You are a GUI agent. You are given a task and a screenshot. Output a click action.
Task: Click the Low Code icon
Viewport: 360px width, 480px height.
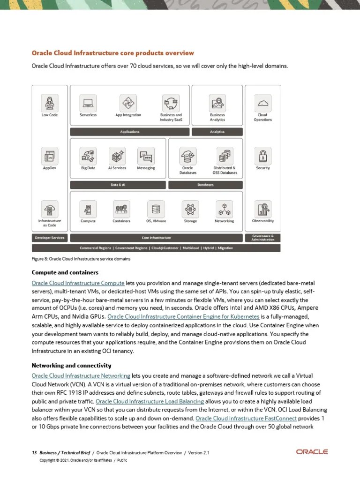[x=49, y=102]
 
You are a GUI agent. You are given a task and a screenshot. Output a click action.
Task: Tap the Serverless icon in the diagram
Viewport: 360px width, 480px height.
[x=88, y=102]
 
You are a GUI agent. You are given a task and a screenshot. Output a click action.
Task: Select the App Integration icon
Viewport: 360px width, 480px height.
[x=128, y=102]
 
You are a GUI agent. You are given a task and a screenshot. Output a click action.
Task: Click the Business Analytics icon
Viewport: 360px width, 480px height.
[x=217, y=102]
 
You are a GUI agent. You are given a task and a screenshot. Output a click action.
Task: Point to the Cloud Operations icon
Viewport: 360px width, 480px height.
[x=262, y=102]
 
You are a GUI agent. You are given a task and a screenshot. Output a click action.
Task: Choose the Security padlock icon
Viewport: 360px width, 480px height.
[x=262, y=155]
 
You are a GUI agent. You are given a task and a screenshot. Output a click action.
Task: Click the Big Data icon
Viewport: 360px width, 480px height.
[x=88, y=155]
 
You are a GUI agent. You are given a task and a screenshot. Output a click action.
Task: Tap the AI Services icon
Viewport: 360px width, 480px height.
[x=117, y=155]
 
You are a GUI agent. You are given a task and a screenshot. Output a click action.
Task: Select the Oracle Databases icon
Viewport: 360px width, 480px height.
[x=187, y=155]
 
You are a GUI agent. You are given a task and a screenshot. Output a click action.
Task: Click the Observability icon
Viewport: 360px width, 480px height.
[x=262, y=208]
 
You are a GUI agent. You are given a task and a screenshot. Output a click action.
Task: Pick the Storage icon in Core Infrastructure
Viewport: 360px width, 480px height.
[x=190, y=208]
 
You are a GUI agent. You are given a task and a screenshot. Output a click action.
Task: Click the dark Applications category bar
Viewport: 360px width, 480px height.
[x=130, y=132]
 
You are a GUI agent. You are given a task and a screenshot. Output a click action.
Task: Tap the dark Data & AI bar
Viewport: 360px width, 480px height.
[x=118, y=185]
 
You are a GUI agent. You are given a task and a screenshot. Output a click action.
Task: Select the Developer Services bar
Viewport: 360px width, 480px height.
[x=50, y=238]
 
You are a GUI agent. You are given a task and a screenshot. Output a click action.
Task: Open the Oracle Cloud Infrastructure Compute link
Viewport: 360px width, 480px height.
[x=78, y=283]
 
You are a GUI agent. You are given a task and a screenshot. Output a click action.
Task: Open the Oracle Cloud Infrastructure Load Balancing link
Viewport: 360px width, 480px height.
[x=150, y=401]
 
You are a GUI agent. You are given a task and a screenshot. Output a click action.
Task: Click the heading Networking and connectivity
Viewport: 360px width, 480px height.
[x=71, y=366]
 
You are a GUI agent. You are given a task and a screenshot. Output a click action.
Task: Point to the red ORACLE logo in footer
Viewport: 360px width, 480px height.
[x=312, y=452]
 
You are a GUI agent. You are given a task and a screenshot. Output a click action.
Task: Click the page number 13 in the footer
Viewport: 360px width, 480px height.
[x=34, y=452]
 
